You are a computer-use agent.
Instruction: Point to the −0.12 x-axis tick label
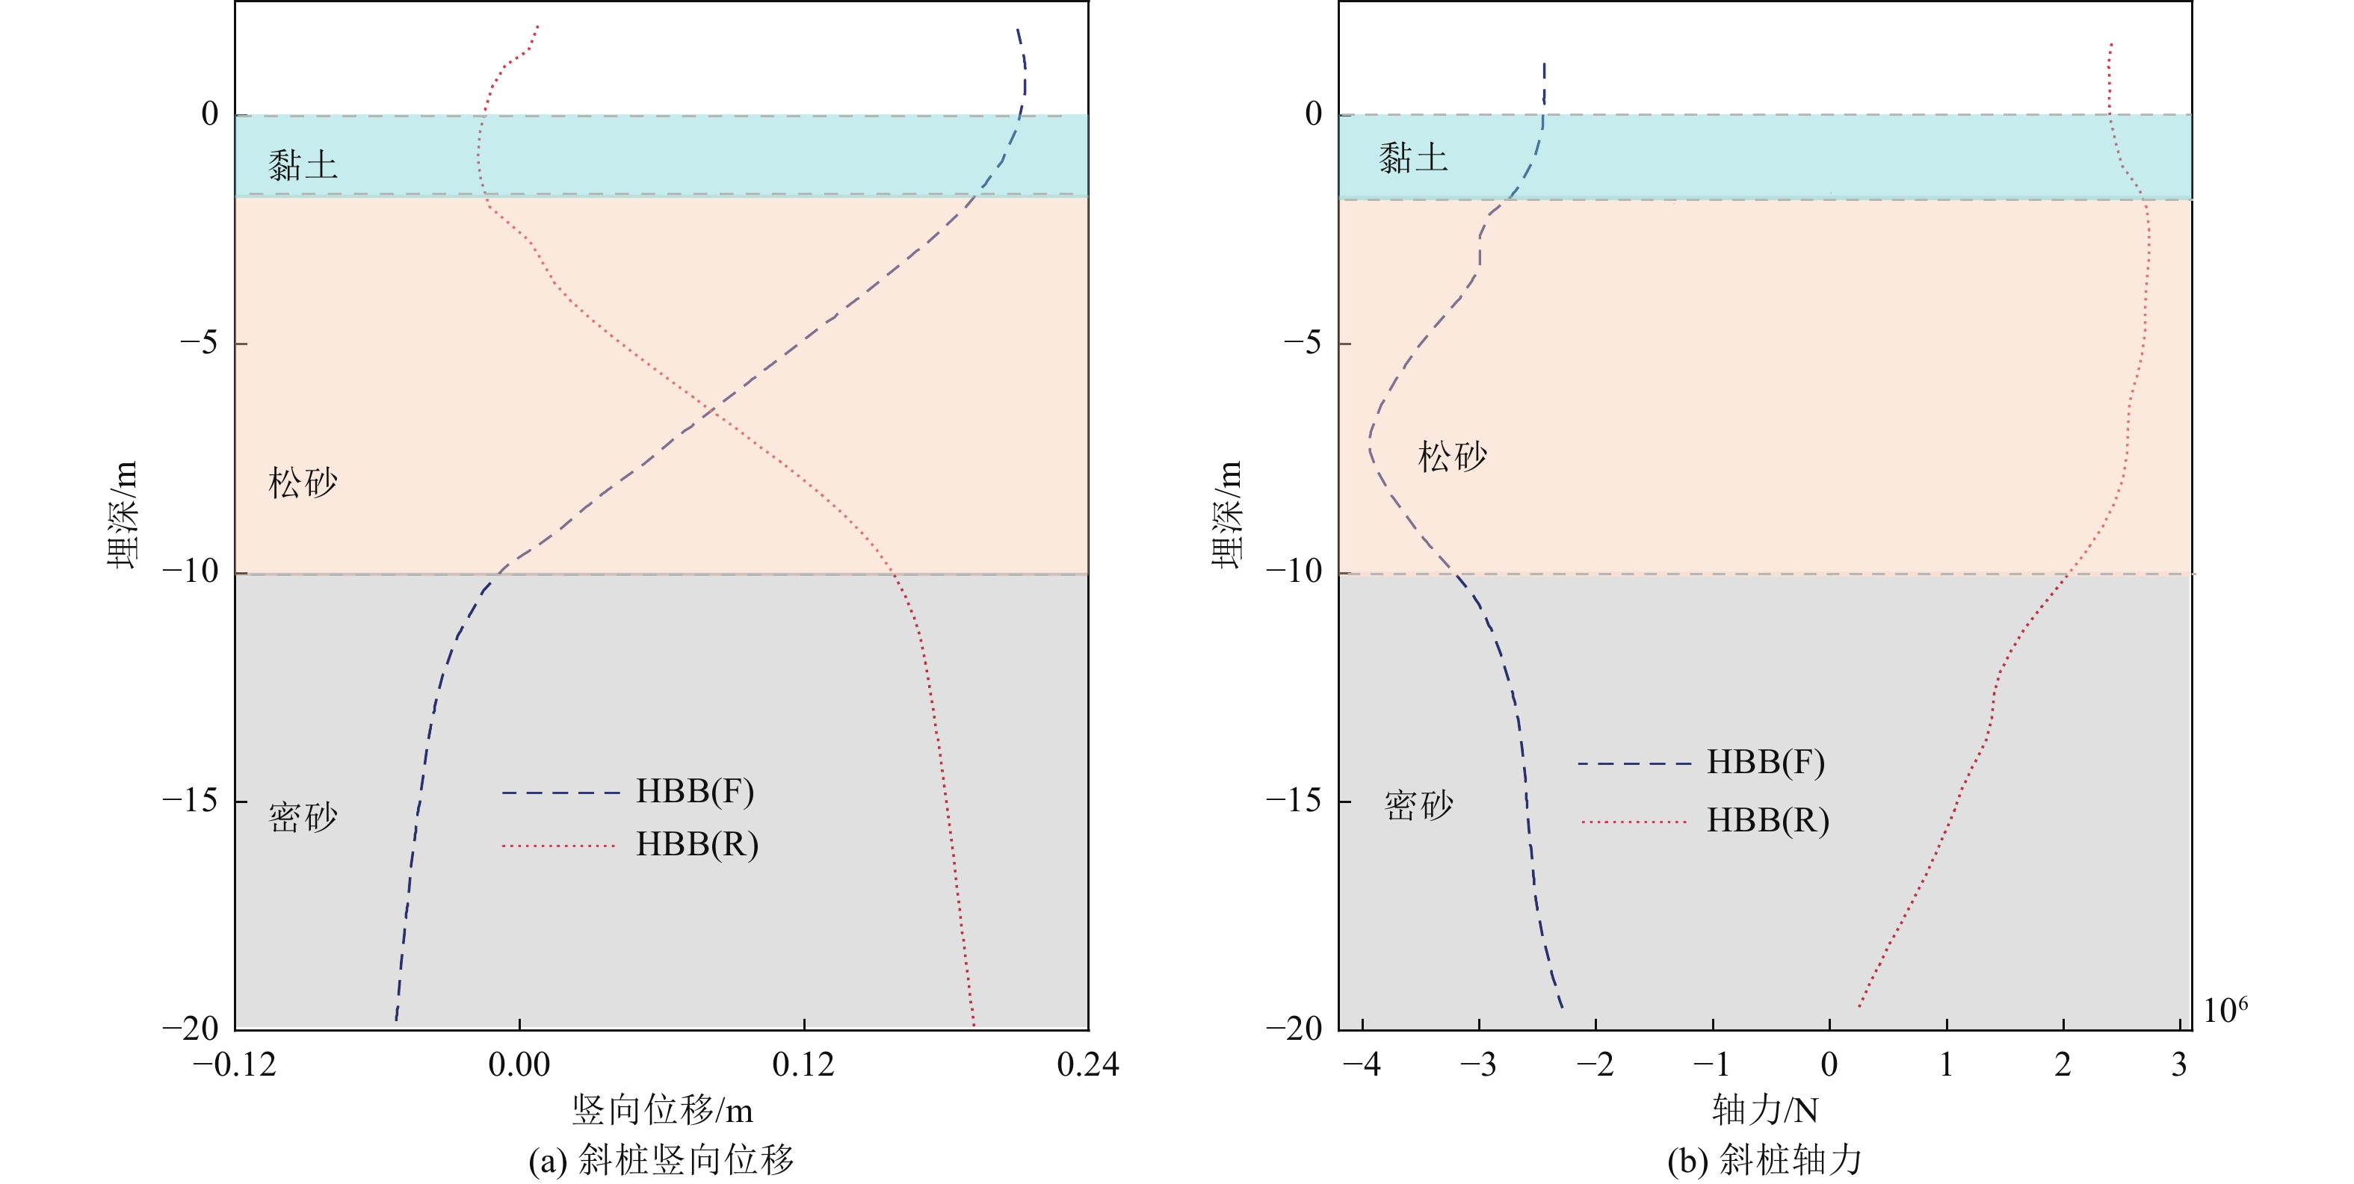234,1064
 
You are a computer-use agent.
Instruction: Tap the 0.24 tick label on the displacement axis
1087,1064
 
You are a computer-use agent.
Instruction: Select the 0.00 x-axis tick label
519,1064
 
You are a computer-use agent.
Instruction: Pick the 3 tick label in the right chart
2179,1064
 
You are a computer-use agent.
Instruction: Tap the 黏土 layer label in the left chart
303,165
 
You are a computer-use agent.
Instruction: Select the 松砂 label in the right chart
1452,456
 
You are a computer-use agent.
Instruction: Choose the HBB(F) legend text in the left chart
694,791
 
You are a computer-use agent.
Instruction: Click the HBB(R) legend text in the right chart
1767,820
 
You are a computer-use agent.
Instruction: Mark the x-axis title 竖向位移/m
663,1110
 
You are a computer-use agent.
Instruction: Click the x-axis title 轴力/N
1764,1110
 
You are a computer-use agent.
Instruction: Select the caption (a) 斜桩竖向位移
661,1160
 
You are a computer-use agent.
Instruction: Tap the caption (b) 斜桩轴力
1764,1160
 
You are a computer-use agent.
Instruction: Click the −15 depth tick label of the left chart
191,800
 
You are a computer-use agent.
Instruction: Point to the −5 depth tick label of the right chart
1303,343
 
